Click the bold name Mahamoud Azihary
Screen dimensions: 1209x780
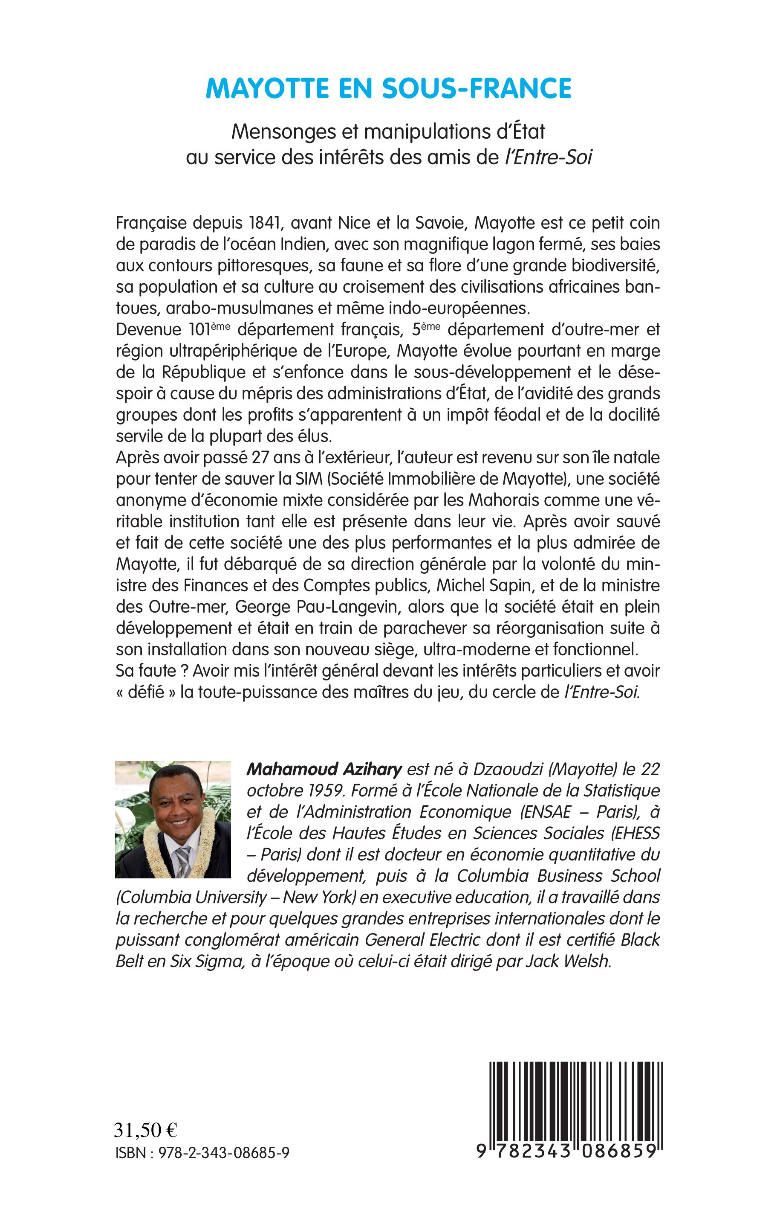[324, 769]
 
